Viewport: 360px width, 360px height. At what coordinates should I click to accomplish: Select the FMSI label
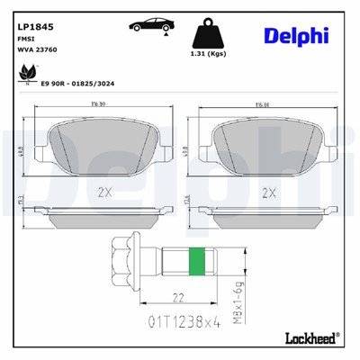(x=28, y=40)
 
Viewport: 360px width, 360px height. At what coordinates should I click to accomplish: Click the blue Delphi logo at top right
(x=296, y=36)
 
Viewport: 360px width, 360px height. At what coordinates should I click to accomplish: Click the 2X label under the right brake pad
(x=266, y=192)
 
